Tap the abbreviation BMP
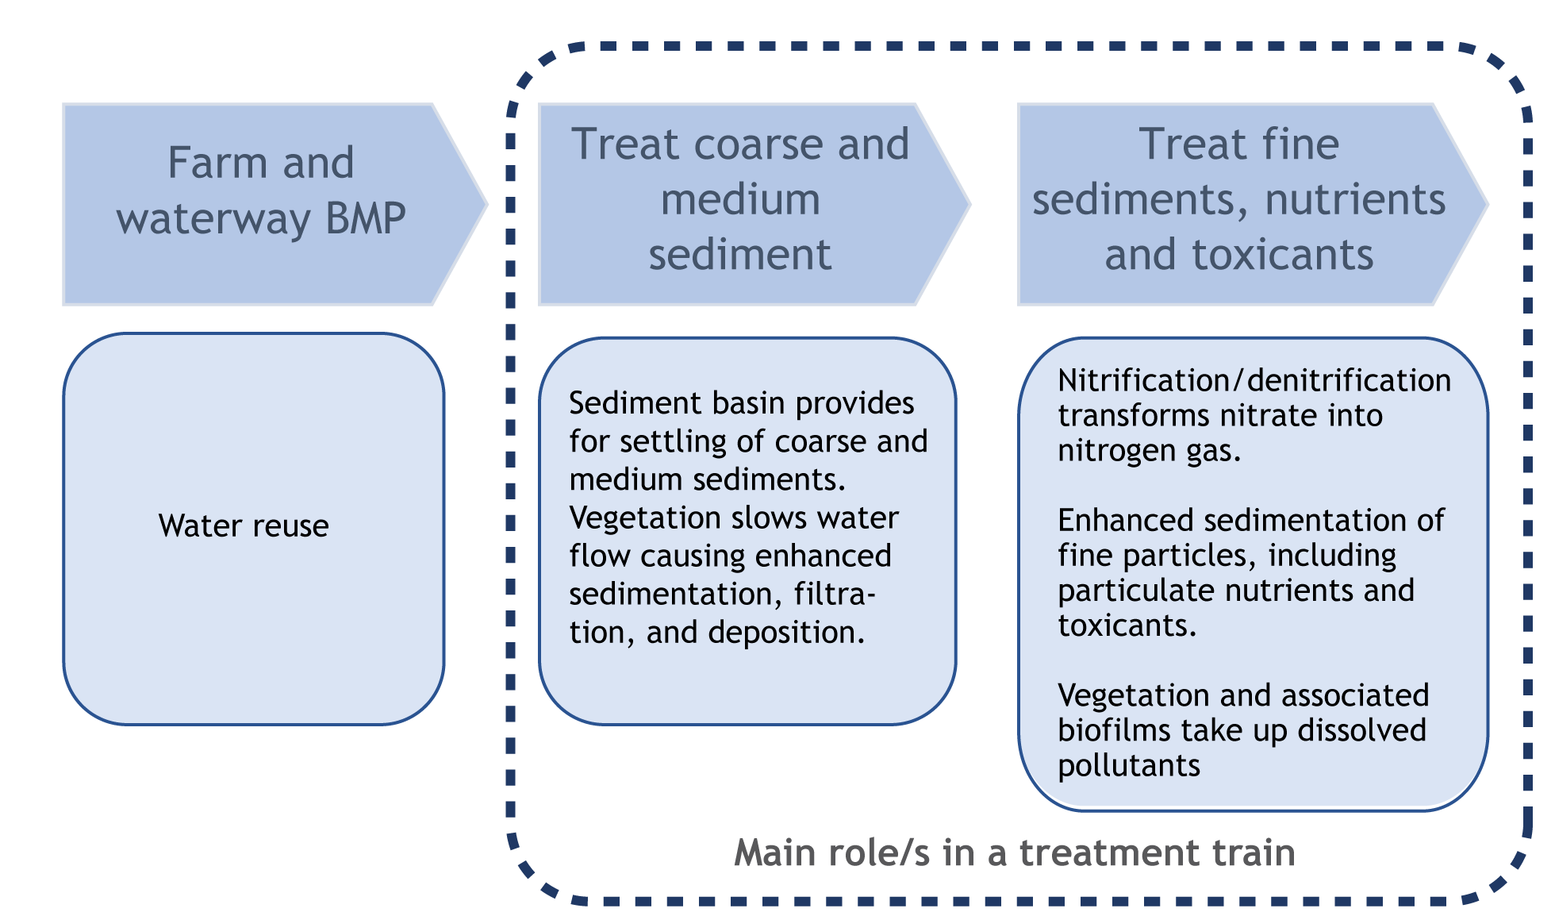(x=366, y=218)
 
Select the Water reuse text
(x=244, y=526)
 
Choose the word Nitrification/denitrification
(x=1254, y=381)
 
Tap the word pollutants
(x=1129, y=765)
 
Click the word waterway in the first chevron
(x=214, y=218)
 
